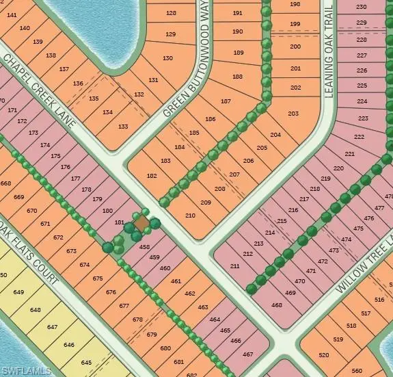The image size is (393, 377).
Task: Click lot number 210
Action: point(190,216)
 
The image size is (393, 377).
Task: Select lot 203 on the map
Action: point(293,113)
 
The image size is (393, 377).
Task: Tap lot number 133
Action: point(123,127)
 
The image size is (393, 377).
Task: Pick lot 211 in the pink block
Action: point(234,265)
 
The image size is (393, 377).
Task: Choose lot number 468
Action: point(277,304)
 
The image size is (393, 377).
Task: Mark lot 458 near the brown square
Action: point(144,246)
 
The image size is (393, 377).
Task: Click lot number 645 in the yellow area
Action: point(86,361)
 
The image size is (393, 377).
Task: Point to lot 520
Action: point(324,354)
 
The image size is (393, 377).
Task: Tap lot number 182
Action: point(152,176)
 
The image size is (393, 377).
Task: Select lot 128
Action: point(171,13)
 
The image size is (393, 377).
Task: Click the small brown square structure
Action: point(141,224)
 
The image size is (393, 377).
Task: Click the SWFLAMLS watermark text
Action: point(27,370)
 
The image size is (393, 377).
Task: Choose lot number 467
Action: point(247,354)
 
